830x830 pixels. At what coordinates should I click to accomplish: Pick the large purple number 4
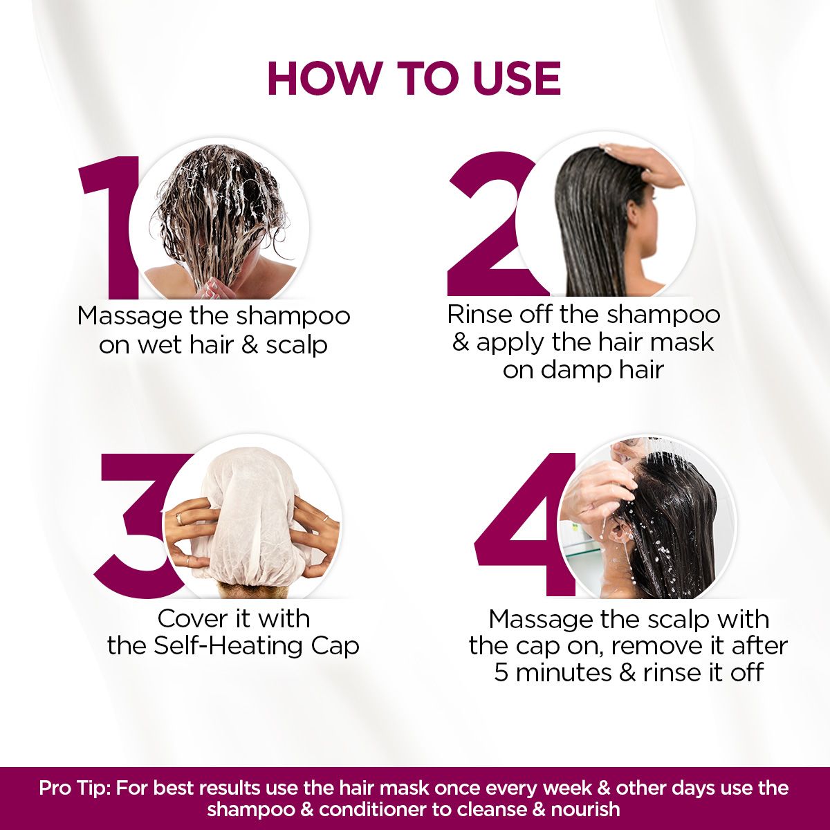pyautogui.click(x=526, y=526)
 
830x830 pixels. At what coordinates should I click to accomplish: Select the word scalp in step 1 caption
pyautogui.click(x=297, y=344)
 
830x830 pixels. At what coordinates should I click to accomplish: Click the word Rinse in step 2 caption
pyautogui.click(x=479, y=314)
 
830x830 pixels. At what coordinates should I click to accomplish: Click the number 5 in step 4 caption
pyautogui.click(x=501, y=672)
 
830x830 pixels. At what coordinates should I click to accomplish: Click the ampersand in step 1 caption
pyautogui.click(x=250, y=344)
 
